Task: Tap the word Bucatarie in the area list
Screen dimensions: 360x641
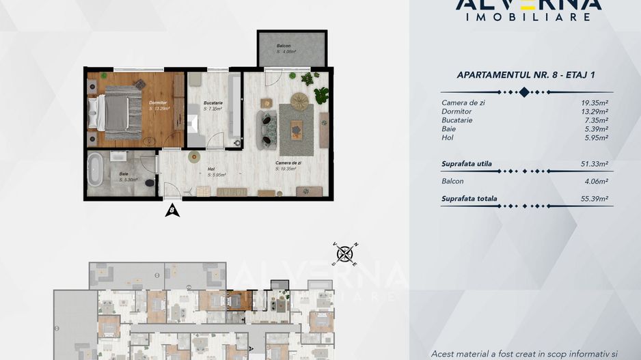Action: pyautogui.click(x=457, y=120)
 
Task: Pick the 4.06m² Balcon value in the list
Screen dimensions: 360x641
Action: pyautogui.click(x=593, y=181)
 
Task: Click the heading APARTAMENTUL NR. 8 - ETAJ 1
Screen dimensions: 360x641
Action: pyautogui.click(x=523, y=76)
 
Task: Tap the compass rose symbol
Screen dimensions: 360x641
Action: pyautogui.click(x=345, y=254)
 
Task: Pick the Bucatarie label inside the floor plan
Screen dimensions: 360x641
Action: pyautogui.click(x=213, y=104)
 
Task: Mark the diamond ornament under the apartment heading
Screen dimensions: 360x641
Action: pyautogui.click(x=524, y=92)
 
